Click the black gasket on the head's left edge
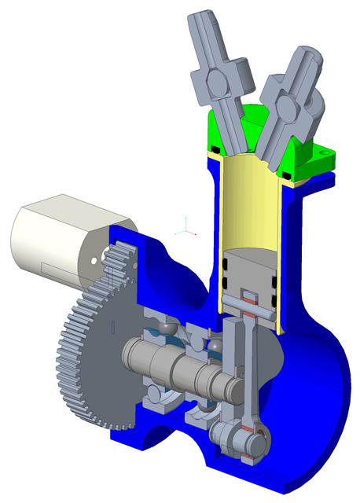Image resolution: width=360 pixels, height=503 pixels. [x=213, y=148]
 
